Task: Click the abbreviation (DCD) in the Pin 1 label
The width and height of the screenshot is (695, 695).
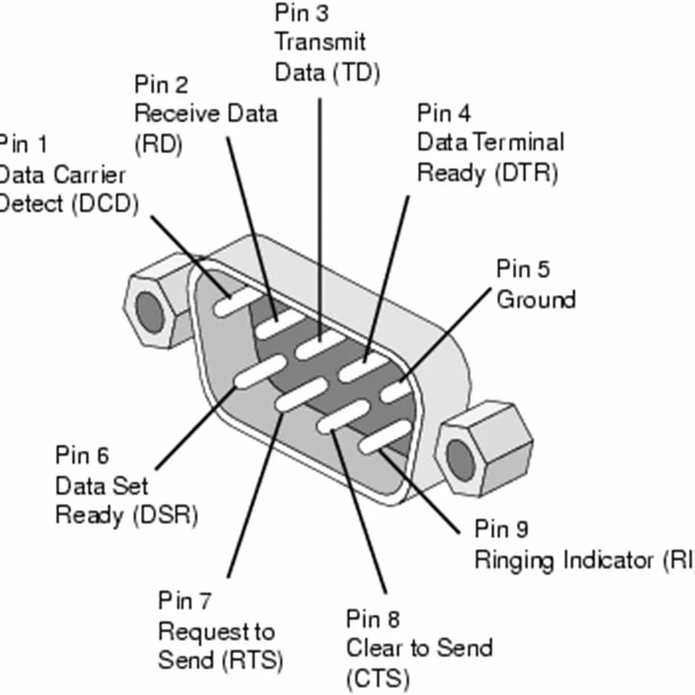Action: [x=105, y=205]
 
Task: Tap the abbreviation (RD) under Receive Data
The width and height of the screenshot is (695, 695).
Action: [x=158, y=145]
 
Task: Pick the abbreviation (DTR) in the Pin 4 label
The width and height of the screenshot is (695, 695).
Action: [x=526, y=174]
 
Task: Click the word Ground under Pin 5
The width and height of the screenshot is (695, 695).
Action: [x=536, y=299]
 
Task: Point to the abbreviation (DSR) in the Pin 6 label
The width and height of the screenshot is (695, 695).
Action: [x=165, y=516]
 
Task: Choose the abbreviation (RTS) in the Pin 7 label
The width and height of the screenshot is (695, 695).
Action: [x=252, y=661]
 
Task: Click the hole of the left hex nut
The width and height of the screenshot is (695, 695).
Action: [x=149, y=310]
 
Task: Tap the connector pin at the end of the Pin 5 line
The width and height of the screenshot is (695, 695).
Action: [x=397, y=390]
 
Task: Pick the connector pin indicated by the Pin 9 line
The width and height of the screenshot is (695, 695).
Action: [x=385, y=437]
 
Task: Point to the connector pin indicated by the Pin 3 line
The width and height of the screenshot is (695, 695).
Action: [x=320, y=344]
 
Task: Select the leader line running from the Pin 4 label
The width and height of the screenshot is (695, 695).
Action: [x=386, y=279]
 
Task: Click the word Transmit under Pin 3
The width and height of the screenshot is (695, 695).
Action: [x=320, y=43]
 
